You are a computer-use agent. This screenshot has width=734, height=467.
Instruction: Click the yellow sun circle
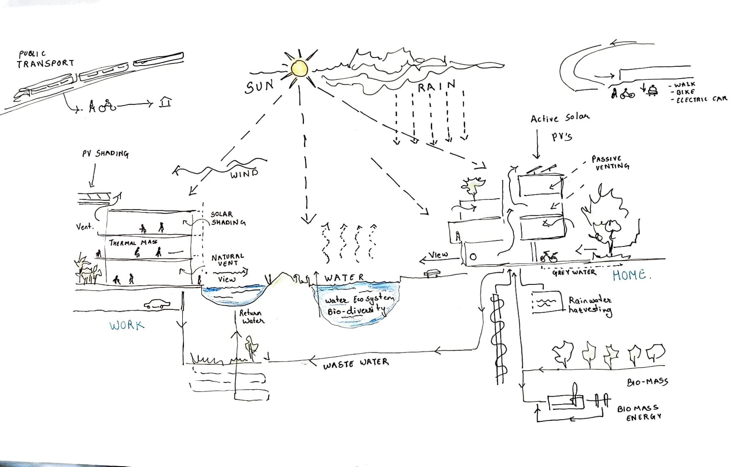(x=299, y=69)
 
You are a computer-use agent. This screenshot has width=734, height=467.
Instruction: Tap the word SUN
(x=259, y=87)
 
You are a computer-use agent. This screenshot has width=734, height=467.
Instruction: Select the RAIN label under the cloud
(x=437, y=86)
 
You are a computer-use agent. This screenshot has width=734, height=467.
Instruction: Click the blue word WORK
(x=127, y=325)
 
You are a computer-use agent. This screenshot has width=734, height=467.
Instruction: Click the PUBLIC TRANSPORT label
(x=45, y=59)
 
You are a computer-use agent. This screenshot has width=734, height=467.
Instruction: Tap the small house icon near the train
(x=165, y=102)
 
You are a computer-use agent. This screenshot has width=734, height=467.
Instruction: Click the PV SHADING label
(x=105, y=153)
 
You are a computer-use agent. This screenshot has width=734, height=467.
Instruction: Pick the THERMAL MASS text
(x=133, y=243)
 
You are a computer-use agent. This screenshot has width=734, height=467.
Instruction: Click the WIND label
(x=244, y=174)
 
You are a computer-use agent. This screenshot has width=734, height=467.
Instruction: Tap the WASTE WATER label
(x=356, y=363)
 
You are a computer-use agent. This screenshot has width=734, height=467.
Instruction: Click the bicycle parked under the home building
(x=548, y=257)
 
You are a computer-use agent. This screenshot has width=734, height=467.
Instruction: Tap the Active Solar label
(x=560, y=118)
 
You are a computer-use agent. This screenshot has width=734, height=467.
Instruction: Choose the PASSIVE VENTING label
(x=611, y=163)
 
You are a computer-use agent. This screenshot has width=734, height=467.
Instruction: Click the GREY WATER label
(x=574, y=272)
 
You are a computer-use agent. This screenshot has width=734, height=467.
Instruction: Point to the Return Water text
(x=252, y=317)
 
